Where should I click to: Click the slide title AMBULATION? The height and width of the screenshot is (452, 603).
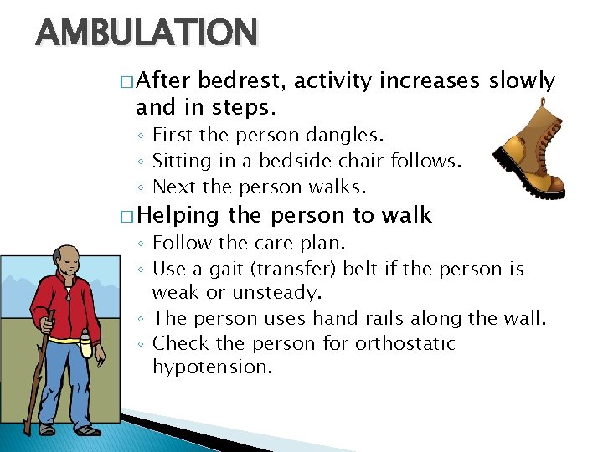coord(147,33)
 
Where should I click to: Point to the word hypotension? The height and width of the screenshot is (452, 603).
coord(213,367)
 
